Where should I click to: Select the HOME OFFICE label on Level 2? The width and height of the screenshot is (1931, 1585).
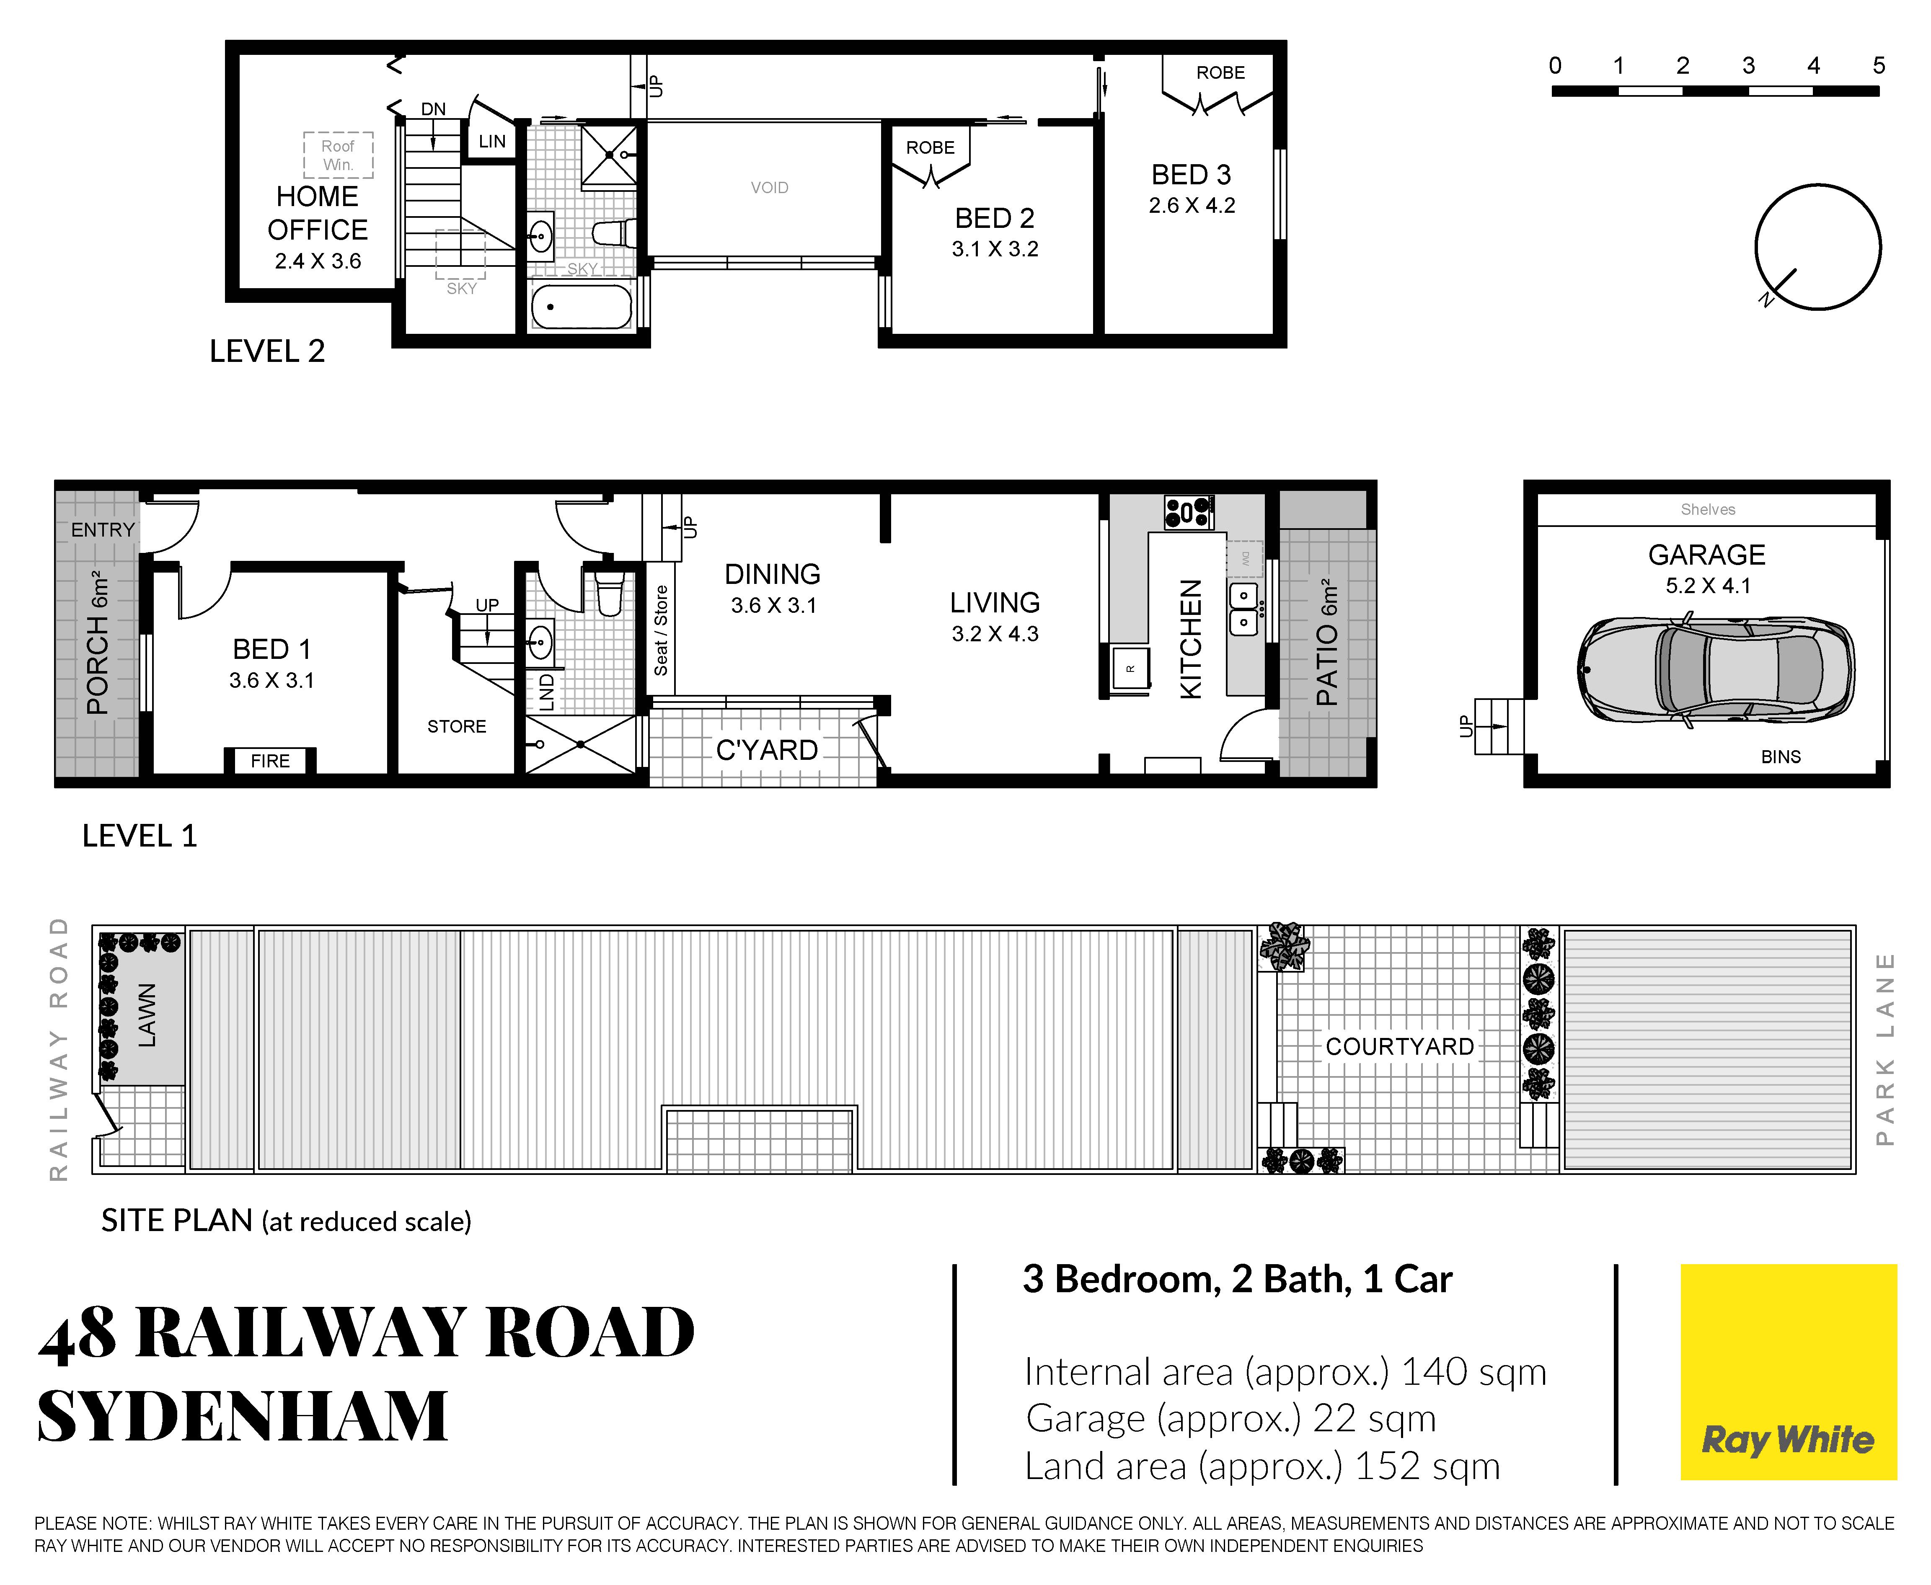(x=318, y=213)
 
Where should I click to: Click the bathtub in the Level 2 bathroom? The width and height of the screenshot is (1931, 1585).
(x=582, y=307)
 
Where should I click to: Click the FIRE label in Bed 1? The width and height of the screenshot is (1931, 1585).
(x=270, y=761)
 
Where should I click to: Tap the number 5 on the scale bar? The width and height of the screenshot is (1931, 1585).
(x=1878, y=66)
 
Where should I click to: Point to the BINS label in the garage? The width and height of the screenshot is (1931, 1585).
(x=1780, y=757)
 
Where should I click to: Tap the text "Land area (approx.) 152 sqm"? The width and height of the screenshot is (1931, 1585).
(x=1262, y=1466)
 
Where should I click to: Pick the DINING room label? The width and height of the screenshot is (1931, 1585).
(x=773, y=574)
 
